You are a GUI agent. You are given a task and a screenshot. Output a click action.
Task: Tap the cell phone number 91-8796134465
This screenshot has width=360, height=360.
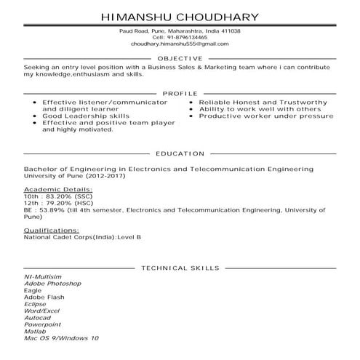pos(191,37)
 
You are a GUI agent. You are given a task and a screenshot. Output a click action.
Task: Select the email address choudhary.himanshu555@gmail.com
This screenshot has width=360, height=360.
pos(180,44)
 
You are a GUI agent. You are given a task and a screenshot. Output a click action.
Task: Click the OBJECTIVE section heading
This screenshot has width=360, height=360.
pos(180,59)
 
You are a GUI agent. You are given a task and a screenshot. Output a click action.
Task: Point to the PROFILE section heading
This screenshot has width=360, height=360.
pos(180,95)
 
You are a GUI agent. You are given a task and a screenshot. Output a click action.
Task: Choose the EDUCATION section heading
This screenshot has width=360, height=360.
pos(180,154)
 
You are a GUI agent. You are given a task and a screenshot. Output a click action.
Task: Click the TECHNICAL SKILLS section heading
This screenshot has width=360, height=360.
pos(180,268)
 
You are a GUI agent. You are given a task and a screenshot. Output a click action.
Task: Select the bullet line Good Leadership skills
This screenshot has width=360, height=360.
pos(86,116)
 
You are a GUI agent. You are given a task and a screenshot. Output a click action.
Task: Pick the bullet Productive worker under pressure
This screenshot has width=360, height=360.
pos(257,116)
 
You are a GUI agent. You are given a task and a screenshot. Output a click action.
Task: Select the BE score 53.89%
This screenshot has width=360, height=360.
pos(50,210)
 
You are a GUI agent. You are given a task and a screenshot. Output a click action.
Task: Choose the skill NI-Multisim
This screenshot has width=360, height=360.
pos(42,277)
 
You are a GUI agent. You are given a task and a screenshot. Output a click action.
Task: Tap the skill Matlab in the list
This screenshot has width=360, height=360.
pos(36,332)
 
